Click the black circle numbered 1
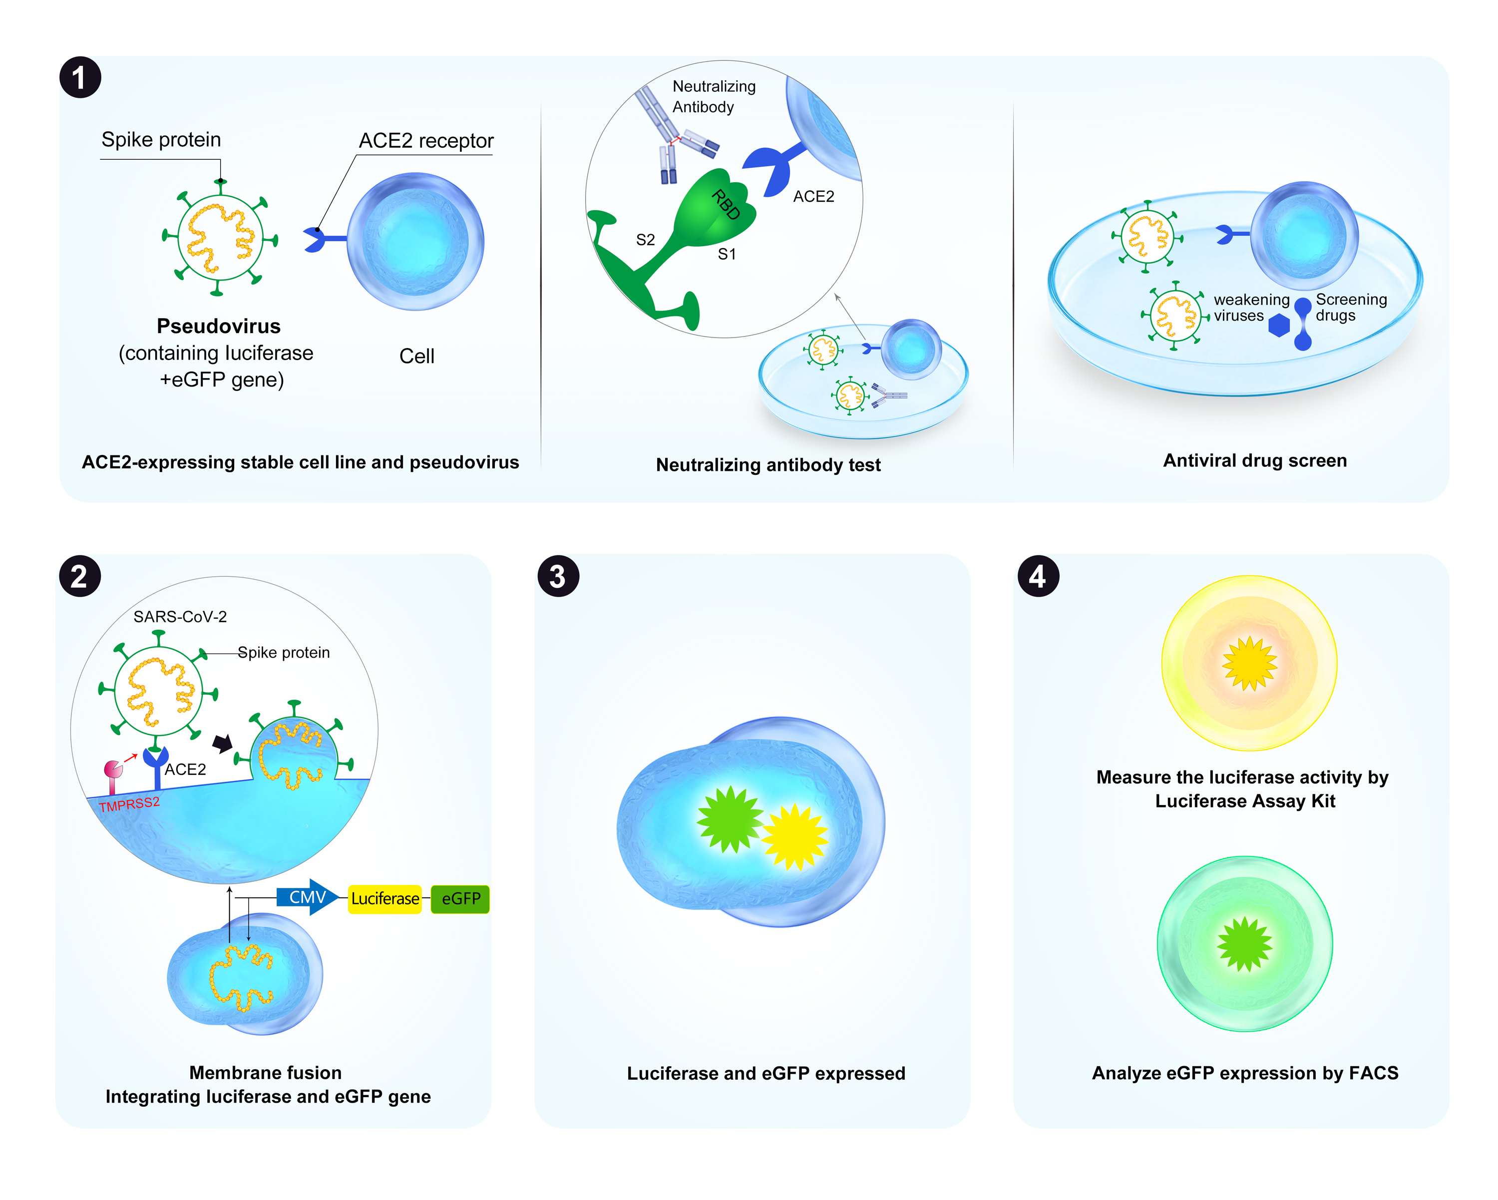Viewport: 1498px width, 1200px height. click(80, 77)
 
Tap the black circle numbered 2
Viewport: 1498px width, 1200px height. click(80, 576)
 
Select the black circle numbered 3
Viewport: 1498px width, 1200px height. click(558, 576)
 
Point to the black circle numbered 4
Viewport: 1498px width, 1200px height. click(1038, 576)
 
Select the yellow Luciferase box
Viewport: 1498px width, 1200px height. click(385, 898)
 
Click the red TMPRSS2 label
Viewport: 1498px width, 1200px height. click(129, 804)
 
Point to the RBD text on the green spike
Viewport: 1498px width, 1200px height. click(726, 205)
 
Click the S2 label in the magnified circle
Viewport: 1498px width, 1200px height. click(646, 240)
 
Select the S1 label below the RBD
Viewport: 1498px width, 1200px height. click(727, 254)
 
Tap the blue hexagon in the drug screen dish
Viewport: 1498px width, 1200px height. click(1278, 325)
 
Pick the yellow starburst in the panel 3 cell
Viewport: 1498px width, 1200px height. click(795, 836)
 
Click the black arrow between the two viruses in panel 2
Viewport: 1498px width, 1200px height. click(222, 744)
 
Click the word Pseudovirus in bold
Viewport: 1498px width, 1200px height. click(218, 326)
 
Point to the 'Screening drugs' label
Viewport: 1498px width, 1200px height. click(1351, 307)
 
